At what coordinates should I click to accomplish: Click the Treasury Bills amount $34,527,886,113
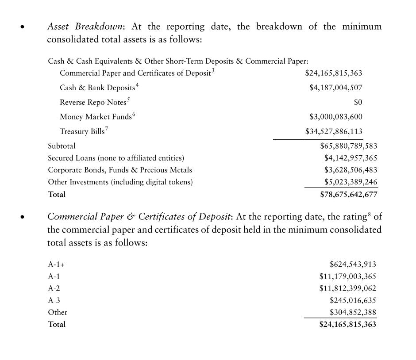(x=334, y=131)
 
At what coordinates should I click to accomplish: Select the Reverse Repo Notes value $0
(x=358, y=102)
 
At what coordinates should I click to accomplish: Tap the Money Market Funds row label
(x=96, y=117)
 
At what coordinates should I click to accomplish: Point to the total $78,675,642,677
(x=348, y=194)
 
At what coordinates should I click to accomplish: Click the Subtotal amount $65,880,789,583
(x=348, y=146)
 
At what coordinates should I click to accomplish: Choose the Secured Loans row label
(x=116, y=158)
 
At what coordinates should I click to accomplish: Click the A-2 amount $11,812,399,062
(x=347, y=288)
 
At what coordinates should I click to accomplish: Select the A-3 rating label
(x=54, y=300)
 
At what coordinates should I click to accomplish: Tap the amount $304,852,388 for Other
(x=353, y=312)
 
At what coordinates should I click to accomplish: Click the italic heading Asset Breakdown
(x=85, y=27)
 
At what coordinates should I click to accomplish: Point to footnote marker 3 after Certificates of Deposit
(x=213, y=70)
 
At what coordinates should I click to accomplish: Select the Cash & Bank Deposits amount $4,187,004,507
(x=335, y=88)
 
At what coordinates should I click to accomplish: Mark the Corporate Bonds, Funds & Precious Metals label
(x=120, y=170)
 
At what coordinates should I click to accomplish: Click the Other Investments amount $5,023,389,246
(x=351, y=182)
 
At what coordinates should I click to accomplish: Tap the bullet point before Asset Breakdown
(x=23, y=27)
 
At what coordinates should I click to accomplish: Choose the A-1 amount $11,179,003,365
(x=347, y=276)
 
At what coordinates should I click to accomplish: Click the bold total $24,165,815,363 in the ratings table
(x=347, y=324)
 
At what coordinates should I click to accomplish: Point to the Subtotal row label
(x=62, y=146)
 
